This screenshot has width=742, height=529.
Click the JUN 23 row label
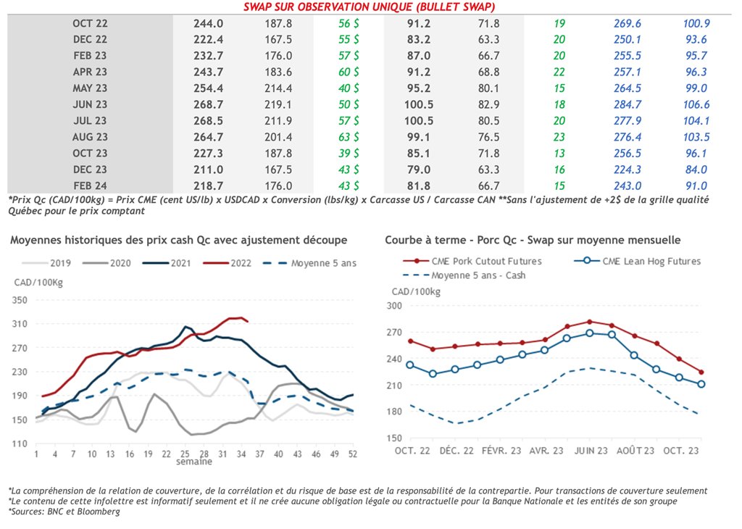(90, 104)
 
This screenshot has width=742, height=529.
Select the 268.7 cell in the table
(209, 104)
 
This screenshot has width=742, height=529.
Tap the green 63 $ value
(349, 137)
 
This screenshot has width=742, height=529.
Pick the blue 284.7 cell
(627, 104)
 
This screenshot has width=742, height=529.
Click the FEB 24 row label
(90, 186)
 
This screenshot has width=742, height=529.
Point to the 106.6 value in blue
(696, 104)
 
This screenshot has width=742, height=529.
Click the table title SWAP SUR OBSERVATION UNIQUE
(369, 7)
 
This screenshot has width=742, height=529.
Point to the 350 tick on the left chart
(20, 300)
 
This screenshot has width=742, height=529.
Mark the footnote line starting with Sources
(64, 512)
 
